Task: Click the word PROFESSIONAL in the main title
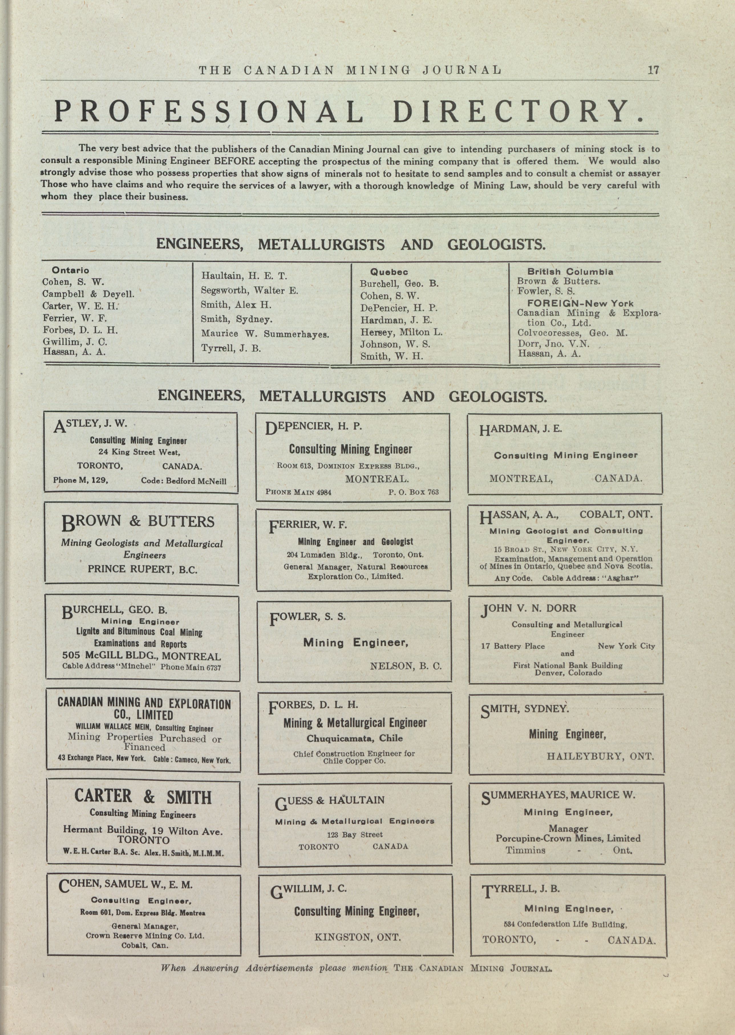click(x=209, y=111)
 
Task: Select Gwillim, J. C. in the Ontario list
click(x=75, y=342)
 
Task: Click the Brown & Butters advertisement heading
click(x=138, y=522)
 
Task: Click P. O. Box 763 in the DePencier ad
click(x=413, y=492)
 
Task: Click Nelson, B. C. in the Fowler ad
click(x=406, y=666)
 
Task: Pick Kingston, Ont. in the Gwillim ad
click(x=358, y=937)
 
